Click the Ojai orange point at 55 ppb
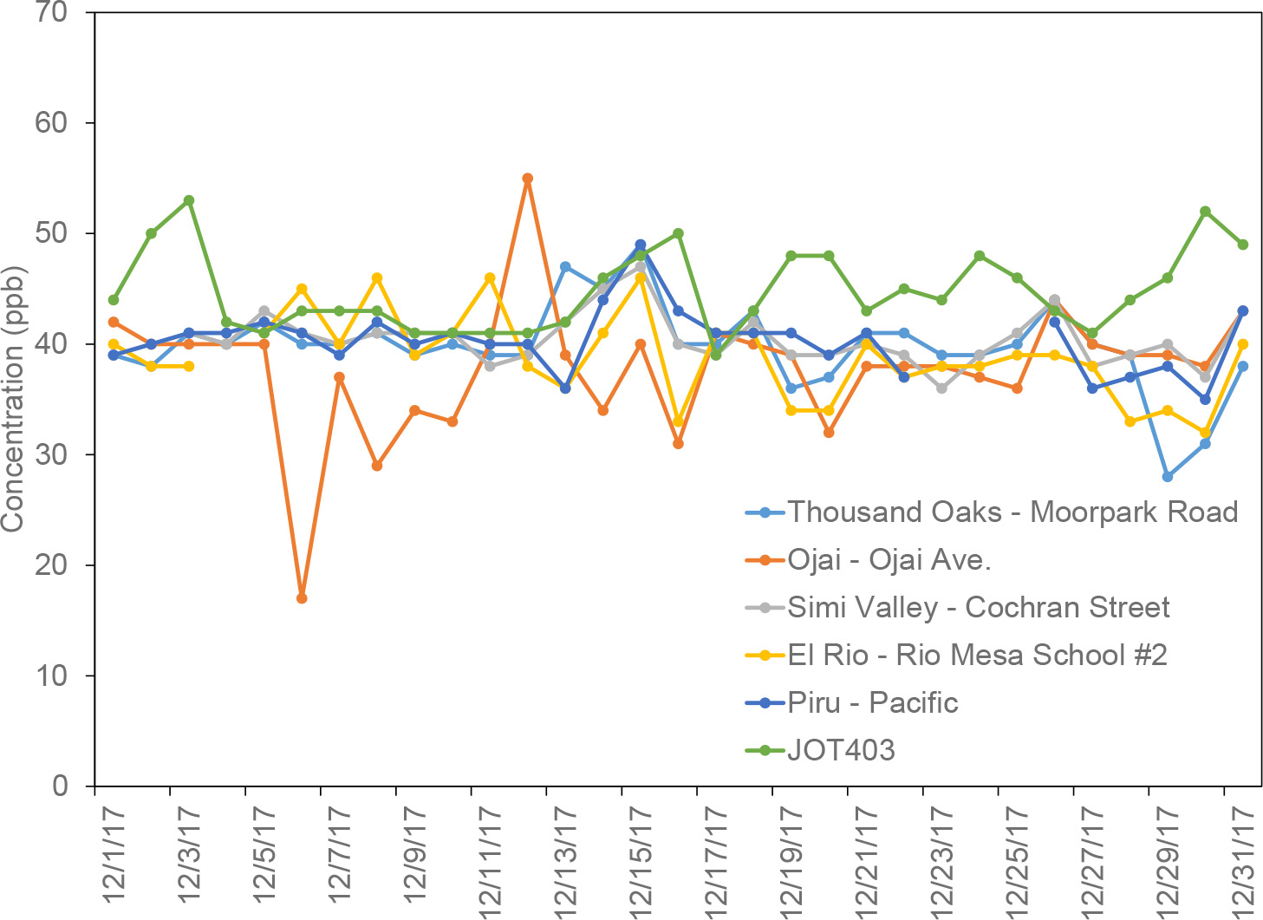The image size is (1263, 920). pyautogui.click(x=527, y=179)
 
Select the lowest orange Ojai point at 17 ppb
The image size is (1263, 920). pyautogui.click(x=302, y=598)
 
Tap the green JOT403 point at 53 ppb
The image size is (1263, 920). pyautogui.click(x=189, y=200)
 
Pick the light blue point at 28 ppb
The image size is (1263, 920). pyautogui.click(x=1168, y=477)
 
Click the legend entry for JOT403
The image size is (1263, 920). pyautogui.click(x=841, y=749)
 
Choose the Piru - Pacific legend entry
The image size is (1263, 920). pyautogui.click(x=872, y=701)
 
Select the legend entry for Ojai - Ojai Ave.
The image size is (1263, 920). pyautogui.click(x=889, y=559)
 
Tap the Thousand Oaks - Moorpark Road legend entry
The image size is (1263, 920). pyautogui.click(x=1012, y=512)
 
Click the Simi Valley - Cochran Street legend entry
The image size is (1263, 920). pyautogui.click(x=979, y=607)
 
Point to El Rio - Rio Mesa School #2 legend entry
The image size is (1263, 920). pyautogui.click(x=977, y=655)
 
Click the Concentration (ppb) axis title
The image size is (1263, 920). pyautogui.click(x=13, y=399)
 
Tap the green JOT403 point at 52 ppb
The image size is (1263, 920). pyautogui.click(x=1205, y=212)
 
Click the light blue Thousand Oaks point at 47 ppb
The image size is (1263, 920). pyautogui.click(x=565, y=267)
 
